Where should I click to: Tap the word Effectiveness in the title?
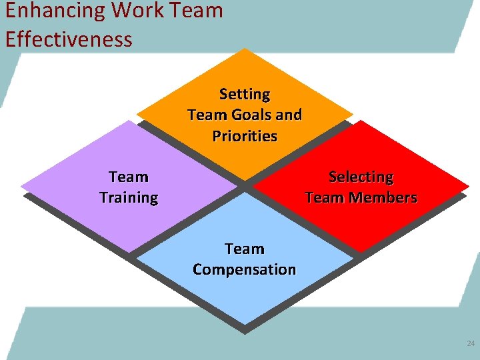[x=69, y=39]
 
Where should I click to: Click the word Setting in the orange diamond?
[x=245, y=94]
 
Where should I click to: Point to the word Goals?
[x=251, y=115]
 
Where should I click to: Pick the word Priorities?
[x=245, y=136]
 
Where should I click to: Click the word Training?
[x=129, y=198]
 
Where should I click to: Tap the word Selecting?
[x=361, y=177]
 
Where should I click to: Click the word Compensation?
[x=245, y=269]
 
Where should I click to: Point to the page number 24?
[x=471, y=344]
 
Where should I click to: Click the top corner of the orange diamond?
[x=245, y=49]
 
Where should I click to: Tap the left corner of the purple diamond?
[x=21, y=185]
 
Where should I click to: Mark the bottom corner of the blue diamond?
[x=245, y=324]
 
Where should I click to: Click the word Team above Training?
[x=129, y=177]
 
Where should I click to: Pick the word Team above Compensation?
[x=245, y=249]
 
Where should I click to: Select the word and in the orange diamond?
[x=289, y=115]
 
